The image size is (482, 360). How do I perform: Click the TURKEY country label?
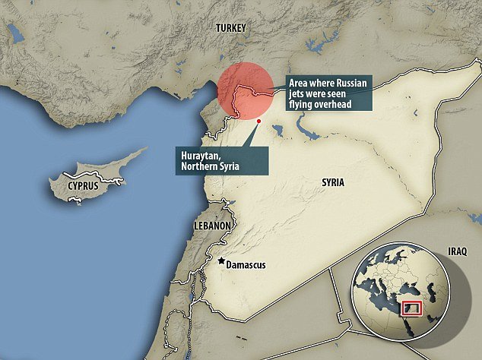pyautogui.click(x=230, y=27)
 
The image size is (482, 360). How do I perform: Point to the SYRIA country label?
pyautogui.click(x=333, y=182)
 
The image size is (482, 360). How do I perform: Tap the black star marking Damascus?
pyautogui.click(x=221, y=261)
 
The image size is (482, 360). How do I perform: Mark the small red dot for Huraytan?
pyautogui.click(x=259, y=120)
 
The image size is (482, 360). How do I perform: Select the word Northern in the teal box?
pyautogui.click(x=200, y=167)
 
